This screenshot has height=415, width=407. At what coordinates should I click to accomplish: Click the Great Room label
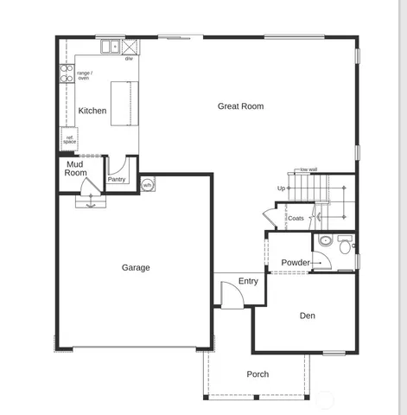[240, 106]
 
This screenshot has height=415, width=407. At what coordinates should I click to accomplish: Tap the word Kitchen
[92, 111]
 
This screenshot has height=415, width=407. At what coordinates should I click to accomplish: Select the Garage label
[136, 267]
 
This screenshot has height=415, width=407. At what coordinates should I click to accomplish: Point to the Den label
[308, 316]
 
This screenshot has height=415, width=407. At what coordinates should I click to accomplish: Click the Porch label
[258, 374]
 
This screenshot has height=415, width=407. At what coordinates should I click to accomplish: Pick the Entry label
[248, 281]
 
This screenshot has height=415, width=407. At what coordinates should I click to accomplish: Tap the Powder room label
[296, 263]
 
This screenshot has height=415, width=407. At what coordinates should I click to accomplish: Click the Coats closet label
[296, 218]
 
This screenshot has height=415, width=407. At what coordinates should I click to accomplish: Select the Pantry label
[117, 180]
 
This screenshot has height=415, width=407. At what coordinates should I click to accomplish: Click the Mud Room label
[76, 168]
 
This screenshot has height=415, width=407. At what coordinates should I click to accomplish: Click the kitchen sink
[111, 47]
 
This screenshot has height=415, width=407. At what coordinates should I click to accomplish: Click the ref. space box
[69, 139]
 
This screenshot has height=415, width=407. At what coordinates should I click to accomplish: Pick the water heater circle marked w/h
[147, 185]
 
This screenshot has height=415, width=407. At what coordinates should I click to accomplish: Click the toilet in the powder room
[326, 241]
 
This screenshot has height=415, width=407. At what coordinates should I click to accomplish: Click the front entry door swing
[231, 295]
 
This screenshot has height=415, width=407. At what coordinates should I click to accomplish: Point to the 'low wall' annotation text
[308, 169]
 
